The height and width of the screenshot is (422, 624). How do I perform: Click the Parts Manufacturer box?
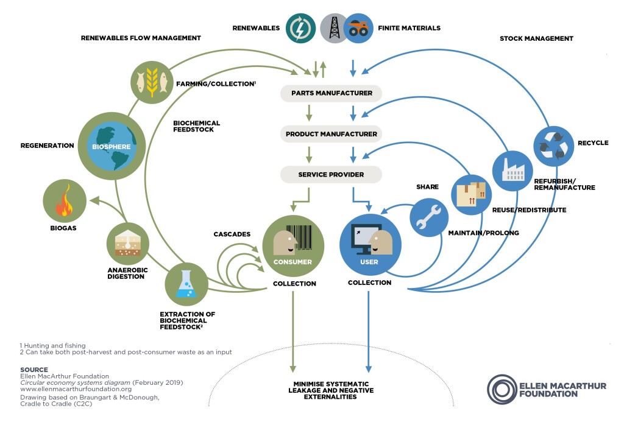pos(331,93)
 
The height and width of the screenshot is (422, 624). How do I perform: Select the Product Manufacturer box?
pos(331,134)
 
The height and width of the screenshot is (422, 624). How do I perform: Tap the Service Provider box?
pos(331,175)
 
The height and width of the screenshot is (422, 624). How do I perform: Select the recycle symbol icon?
pos(553,146)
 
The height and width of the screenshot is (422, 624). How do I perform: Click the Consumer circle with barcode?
pos(292,245)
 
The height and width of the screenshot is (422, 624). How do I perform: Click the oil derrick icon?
pos(335,28)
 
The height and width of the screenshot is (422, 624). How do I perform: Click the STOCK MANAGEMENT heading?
pos(536,38)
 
